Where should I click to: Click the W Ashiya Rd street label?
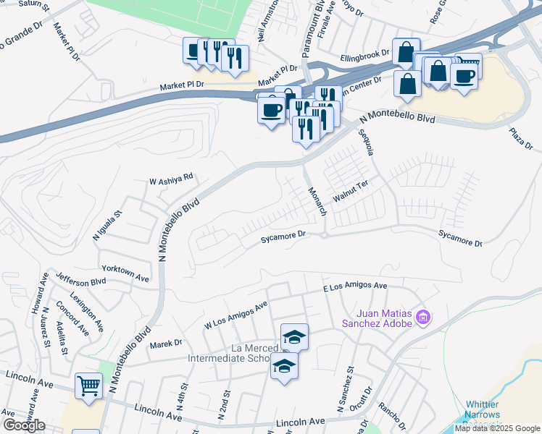pos(171,176)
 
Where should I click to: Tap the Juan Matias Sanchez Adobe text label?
pos(383,318)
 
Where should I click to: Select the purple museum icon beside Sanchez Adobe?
pos(425,317)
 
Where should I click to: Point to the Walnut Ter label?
pos(351,192)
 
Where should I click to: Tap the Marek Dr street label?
pos(167,344)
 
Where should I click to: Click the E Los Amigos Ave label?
pos(355,288)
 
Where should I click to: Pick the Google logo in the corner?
pos(24,425)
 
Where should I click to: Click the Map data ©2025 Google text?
pos(497,428)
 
